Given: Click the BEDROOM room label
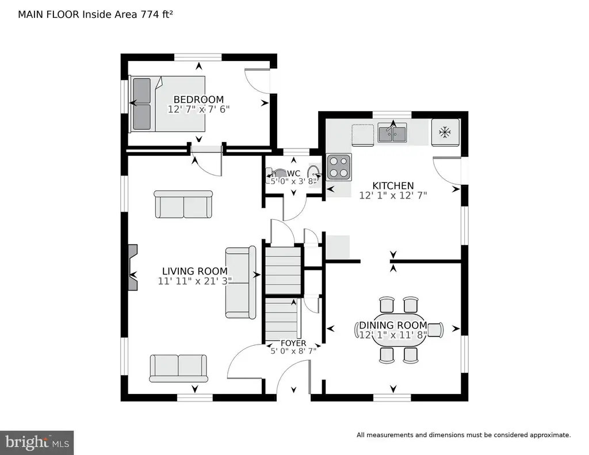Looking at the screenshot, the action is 198,100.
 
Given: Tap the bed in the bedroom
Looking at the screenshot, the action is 167,104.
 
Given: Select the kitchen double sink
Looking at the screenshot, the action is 392,133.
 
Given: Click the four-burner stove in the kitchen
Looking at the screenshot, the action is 339,167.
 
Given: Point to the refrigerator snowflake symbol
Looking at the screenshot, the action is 445,132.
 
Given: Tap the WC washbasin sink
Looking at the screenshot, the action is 314,173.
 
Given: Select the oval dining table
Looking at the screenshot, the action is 400,330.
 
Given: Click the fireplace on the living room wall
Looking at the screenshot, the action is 133,267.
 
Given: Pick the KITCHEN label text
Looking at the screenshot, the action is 393,186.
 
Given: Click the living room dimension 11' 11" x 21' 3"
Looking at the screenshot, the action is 195,281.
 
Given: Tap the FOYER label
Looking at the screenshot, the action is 293,343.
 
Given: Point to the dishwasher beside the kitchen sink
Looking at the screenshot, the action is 363,135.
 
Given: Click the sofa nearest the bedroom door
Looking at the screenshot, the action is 183,204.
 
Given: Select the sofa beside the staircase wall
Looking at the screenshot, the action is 241,282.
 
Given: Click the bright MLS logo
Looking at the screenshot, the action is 37,442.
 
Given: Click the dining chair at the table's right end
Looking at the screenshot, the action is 435,330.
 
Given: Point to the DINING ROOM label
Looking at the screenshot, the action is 393,325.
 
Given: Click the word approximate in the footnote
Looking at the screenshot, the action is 550,435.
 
